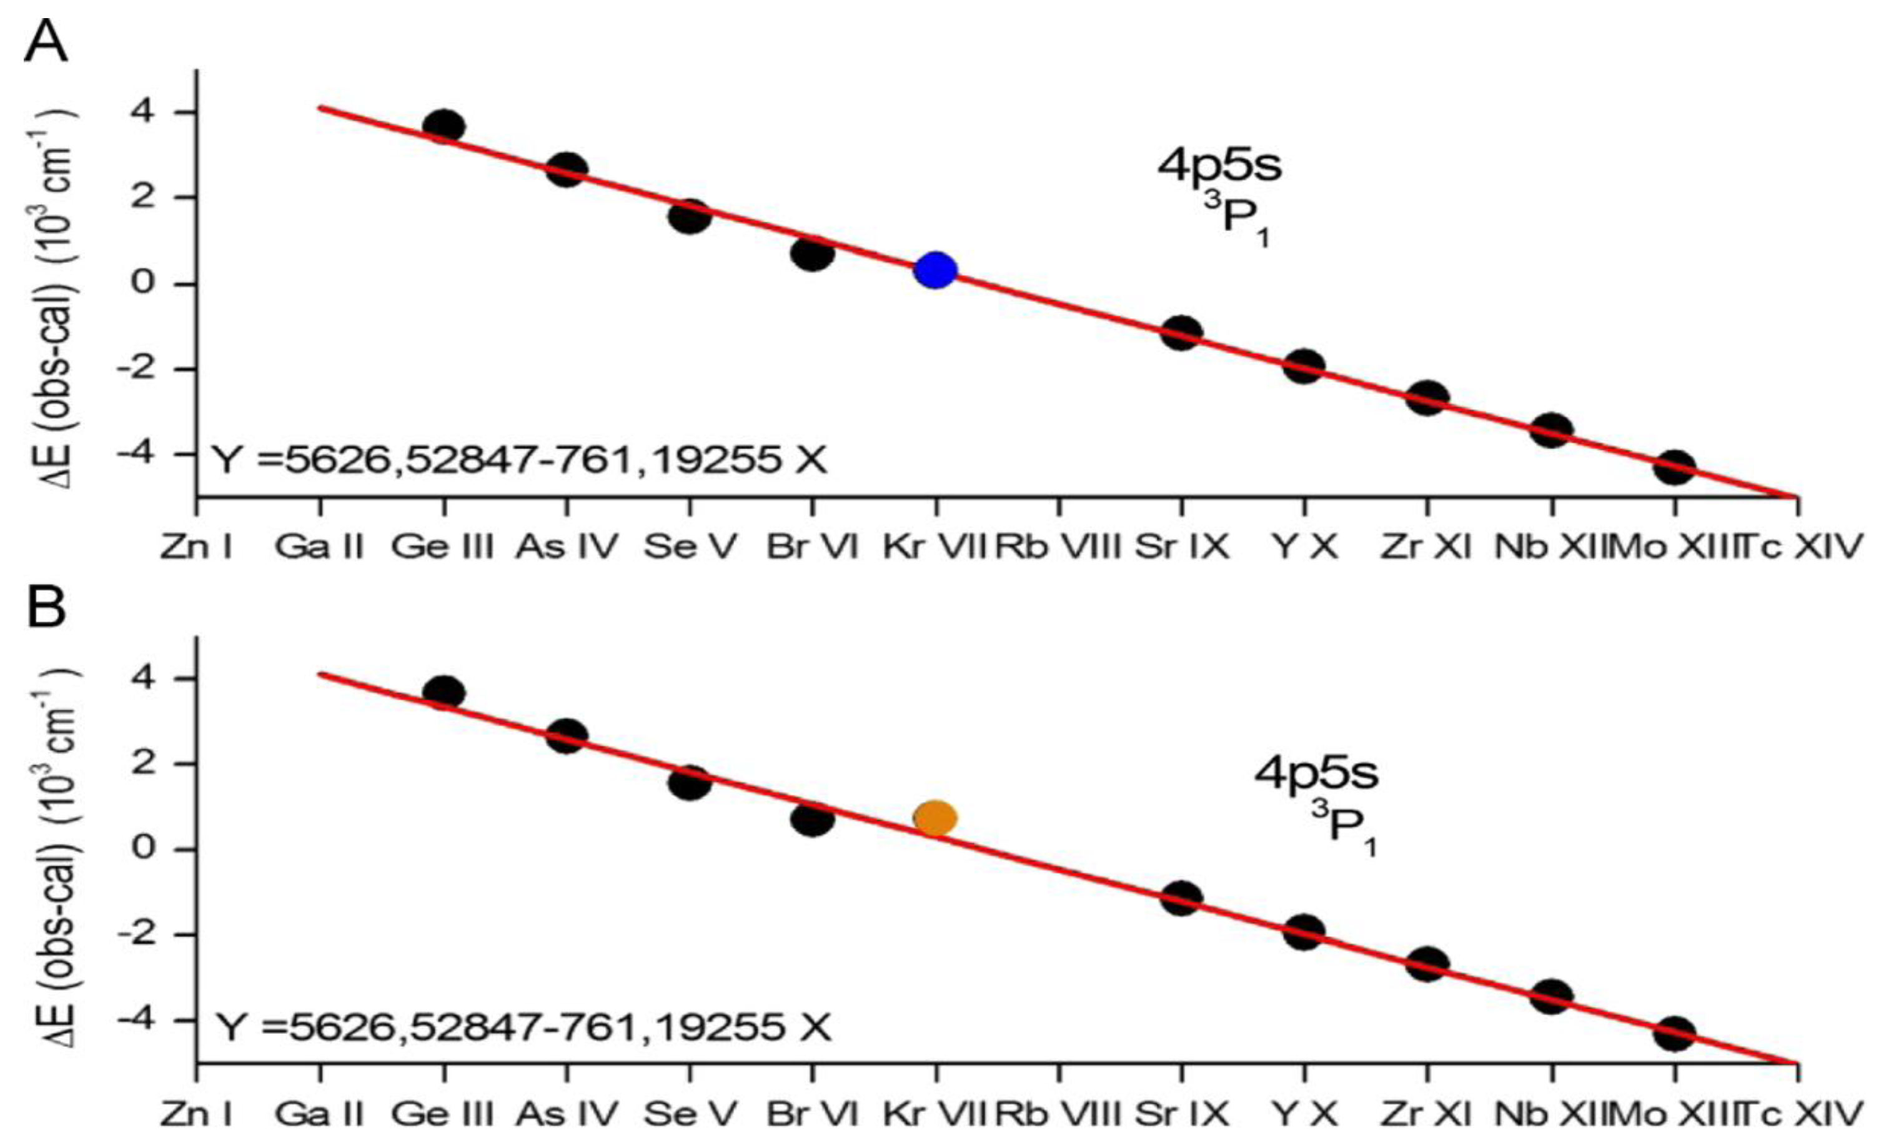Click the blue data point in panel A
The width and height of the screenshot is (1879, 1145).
936,270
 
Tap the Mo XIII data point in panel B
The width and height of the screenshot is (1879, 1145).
1674,1034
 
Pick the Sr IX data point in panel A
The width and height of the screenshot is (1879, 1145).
1181,332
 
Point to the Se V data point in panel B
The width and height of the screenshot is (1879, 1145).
690,782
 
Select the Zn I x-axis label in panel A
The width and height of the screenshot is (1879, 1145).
196,547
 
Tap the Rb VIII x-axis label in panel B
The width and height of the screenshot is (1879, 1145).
1058,1114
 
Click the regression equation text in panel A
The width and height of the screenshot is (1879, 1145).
518,460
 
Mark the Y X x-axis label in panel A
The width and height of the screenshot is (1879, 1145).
1305,547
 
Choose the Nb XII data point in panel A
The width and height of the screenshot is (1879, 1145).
1551,431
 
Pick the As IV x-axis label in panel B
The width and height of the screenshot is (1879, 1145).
567,1114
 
